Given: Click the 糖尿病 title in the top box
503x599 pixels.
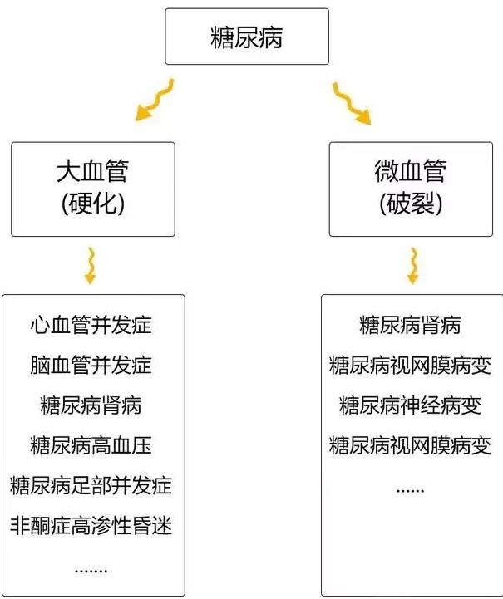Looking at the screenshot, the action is [x=247, y=37].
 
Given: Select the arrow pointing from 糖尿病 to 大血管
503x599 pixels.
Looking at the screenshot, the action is [x=155, y=100].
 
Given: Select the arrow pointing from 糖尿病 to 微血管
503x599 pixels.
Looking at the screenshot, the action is [x=351, y=103].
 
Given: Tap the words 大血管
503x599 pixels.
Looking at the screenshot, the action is [x=92, y=171].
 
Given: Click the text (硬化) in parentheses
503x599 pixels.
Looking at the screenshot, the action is [x=93, y=203].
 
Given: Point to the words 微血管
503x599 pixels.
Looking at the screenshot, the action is [x=411, y=171].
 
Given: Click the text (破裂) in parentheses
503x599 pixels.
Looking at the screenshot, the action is [x=411, y=203].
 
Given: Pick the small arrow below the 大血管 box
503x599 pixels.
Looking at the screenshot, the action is [x=91, y=266].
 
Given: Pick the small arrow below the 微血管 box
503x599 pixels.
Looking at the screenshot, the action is [x=413, y=266].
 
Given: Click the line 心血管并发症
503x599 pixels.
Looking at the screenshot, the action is [x=91, y=325].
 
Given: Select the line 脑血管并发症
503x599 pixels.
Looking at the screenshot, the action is [x=91, y=366].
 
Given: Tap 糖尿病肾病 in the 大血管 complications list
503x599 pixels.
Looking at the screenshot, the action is [x=91, y=405].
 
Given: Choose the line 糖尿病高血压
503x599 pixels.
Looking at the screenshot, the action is [x=91, y=445].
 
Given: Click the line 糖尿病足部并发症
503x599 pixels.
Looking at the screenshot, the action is [x=91, y=485].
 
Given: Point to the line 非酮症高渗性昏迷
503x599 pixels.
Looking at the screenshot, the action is [x=91, y=526].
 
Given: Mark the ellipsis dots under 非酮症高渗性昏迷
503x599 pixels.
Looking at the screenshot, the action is [x=91, y=571].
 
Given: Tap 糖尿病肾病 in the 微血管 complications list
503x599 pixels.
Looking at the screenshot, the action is [x=410, y=325].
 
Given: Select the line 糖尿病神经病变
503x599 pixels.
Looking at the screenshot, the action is [x=410, y=405].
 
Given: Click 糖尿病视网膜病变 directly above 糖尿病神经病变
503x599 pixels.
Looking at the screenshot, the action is [x=410, y=366].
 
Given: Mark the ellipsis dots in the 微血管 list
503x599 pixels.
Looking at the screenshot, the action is [x=410, y=491].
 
